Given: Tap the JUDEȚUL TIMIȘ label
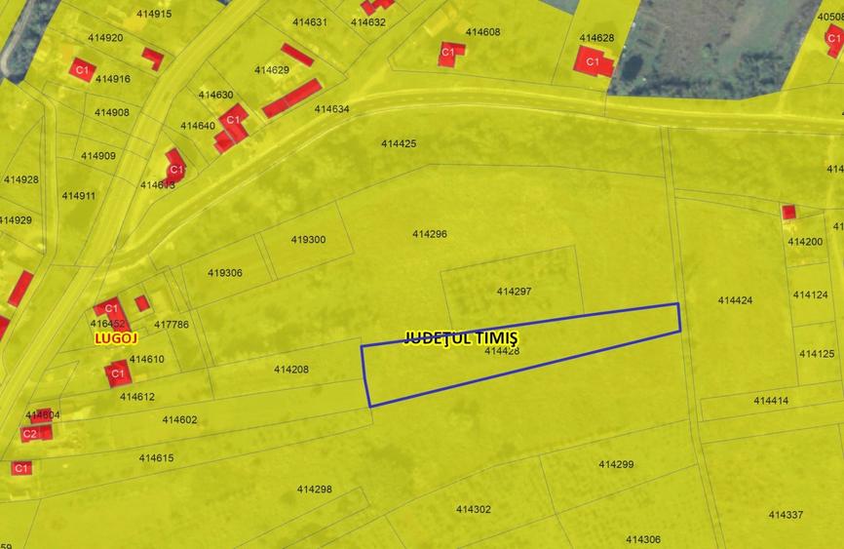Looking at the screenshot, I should point(461,337).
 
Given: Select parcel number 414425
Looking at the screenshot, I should point(399,144).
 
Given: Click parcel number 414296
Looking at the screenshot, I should point(430,234).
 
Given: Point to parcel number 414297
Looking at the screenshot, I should point(514,292).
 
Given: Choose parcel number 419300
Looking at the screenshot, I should point(308,240).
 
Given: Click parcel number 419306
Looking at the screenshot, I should point(225,273).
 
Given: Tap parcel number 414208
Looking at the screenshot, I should point(291,370).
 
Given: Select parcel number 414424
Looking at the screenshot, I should point(735,300).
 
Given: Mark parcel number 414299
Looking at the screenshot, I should point(616,464).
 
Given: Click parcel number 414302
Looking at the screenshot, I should point(474,509).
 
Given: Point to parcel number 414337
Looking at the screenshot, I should point(786,515).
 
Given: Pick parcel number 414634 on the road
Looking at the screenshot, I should point(332,109).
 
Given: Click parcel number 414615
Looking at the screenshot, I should point(156,458).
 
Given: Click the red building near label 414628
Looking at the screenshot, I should point(593,62).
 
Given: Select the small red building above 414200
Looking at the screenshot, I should point(788,212).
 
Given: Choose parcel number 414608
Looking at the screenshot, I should point(482,32).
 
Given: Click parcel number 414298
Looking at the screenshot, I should point(315,490).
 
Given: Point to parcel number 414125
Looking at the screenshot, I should point(814,354).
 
